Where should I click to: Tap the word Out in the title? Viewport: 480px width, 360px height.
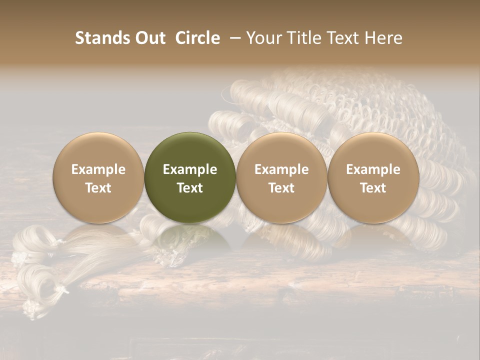(x=149, y=38)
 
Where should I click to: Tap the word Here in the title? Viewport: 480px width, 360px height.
(x=384, y=38)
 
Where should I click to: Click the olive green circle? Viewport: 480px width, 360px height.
(x=190, y=150)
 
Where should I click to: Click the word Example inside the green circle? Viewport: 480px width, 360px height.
(x=190, y=169)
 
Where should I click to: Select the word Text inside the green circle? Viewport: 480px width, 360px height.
(x=190, y=188)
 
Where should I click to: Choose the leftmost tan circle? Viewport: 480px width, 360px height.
(x=98, y=150)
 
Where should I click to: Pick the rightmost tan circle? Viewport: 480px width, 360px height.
(x=373, y=150)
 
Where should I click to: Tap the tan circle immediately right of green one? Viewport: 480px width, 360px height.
(x=281, y=150)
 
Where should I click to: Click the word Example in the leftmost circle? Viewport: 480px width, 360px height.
(x=98, y=169)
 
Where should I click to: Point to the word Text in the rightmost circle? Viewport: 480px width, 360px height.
(x=373, y=188)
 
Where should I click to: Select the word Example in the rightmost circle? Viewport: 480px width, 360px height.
(x=373, y=169)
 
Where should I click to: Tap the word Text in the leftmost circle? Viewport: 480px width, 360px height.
(x=98, y=188)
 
